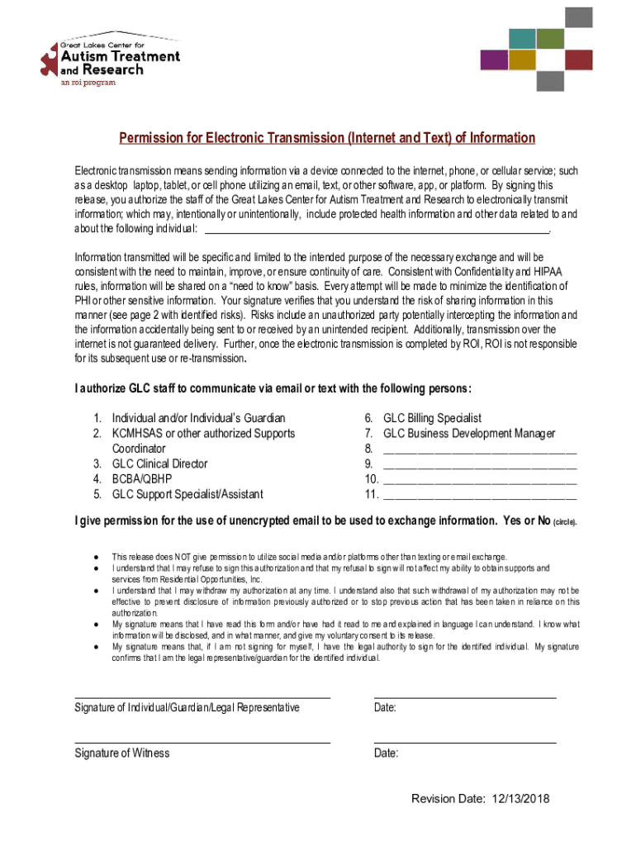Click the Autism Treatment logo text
click(121, 56)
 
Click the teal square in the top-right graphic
click(522, 38)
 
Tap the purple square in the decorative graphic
click(494, 59)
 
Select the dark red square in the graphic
click(578, 59)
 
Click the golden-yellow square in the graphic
click(522, 59)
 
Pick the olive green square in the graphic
click(549, 38)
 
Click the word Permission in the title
click(150, 138)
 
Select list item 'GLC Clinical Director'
click(159, 464)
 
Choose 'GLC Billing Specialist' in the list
click(432, 419)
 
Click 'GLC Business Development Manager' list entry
click(469, 434)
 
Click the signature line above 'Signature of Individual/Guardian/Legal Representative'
click(202, 697)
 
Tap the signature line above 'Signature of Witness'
click(202, 742)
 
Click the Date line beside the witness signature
click(464, 742)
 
